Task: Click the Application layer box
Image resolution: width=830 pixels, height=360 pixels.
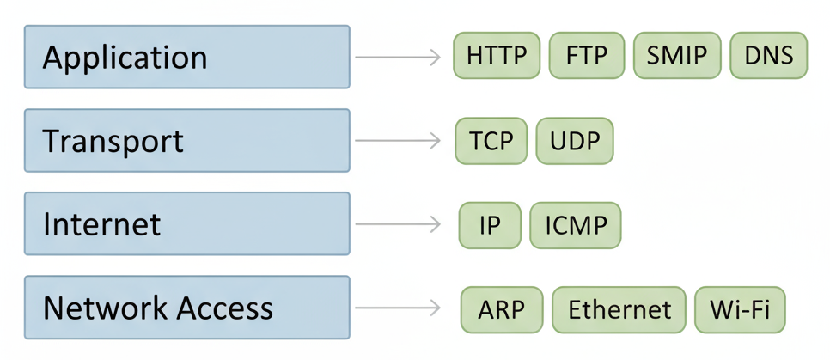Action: click(x=186, y=57)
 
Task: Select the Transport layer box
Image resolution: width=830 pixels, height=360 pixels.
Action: click(x=186, y=140)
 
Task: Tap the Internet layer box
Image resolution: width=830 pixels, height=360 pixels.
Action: click(x=186, y=223)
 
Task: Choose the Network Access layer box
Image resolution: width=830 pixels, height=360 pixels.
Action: click(x=186, y=307)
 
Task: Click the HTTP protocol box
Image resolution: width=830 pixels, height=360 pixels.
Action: click(x=497, y=56)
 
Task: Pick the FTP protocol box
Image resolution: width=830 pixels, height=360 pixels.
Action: click(x=587, y=56)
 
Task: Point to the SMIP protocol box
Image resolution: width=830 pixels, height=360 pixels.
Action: click(x=677, y=56)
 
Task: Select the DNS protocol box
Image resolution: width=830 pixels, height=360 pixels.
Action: click(x=768, y=56)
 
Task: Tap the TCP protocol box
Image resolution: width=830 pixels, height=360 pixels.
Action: click(x=491, y=140)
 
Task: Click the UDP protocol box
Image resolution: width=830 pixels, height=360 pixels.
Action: click(x=575, y=140)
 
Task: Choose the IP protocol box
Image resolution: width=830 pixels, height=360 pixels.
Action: click(x=490, y=225)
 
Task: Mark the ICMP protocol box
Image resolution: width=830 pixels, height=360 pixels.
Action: click(x=576, y=225)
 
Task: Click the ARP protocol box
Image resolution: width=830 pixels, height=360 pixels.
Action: click(x=502, y=308)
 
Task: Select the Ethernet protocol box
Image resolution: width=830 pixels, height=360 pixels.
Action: click(x=619, y=308)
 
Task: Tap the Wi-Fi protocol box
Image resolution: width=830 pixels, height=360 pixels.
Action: click(x=740, y=308)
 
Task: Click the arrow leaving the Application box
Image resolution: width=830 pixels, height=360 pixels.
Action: click(x=398, y=58)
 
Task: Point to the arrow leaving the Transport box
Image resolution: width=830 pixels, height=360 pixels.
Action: click(x=398, y=141)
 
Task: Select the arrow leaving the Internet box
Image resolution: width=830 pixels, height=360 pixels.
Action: click(x=398, y=224)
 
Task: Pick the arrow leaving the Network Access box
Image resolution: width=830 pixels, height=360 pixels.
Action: click(x=398, y=308)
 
